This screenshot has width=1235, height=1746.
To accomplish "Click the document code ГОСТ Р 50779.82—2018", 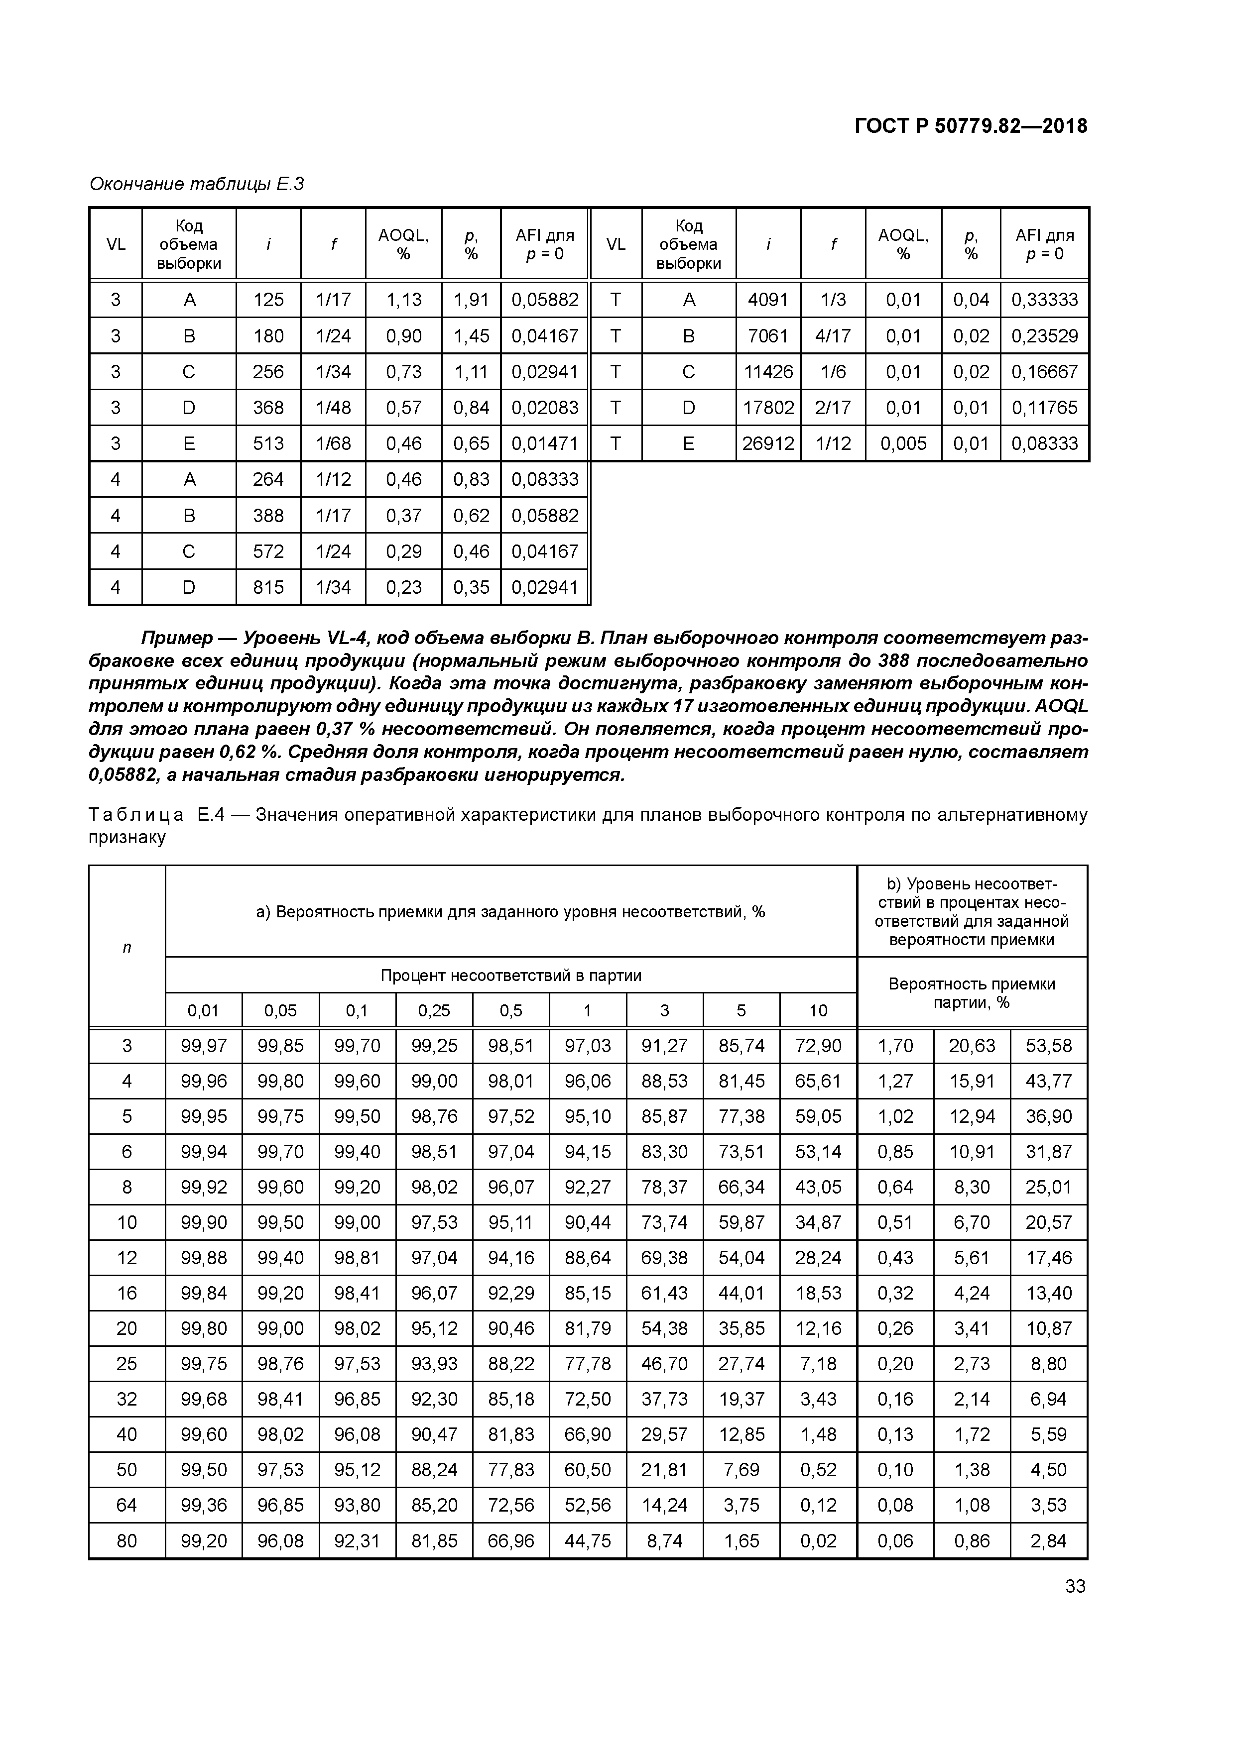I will tap(971, 126).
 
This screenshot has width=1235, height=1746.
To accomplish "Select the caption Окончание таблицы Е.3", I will tap(196, 184).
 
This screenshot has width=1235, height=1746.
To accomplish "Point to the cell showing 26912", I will tap(768, 443).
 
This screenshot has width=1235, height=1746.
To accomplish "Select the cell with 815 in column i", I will tap(268, 587).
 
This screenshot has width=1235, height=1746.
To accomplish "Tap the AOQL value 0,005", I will tap(903, 443).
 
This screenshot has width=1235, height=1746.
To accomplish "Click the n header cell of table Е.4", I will tap(127, 947).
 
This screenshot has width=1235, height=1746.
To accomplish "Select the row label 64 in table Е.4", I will tap(127, 1505).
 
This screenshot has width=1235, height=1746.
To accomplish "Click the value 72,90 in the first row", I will tap(818, 1046).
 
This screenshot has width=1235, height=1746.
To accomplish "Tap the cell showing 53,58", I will tap(1049, 1046).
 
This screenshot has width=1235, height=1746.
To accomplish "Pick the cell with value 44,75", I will tap(588, 1540).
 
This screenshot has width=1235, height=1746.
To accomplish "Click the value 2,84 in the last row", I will tap(1049, 1540).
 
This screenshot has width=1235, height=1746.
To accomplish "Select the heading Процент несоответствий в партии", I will tap(510, 975).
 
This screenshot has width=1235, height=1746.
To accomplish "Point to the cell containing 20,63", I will tap(972, 1046).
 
